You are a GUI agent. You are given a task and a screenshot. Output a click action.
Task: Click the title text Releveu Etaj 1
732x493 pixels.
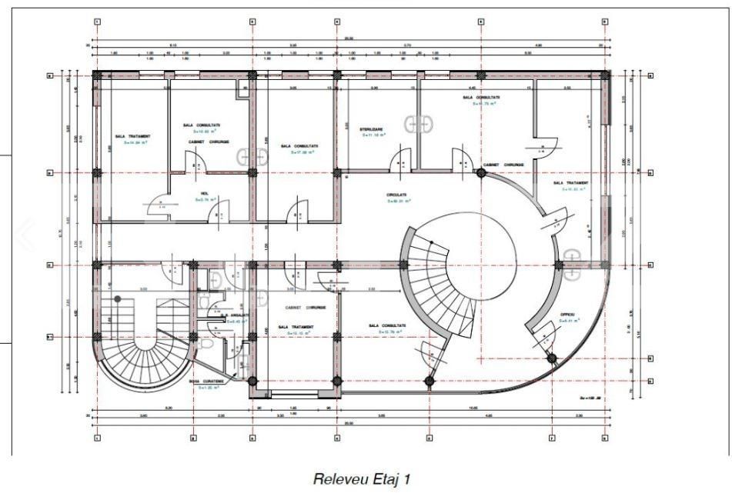pos(360,478)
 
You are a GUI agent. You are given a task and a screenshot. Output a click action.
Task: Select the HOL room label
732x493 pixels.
pos(205,193)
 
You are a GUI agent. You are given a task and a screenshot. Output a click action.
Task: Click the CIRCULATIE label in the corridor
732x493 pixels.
pos(397,195)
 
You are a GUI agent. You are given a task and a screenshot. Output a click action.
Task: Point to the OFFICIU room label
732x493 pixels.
pos(568,315)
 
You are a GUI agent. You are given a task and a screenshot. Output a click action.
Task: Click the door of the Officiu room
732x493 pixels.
pos(543,332)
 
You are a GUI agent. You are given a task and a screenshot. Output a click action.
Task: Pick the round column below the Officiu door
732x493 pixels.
pos(551,357)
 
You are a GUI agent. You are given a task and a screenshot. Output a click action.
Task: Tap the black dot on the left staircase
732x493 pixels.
pos(118,298)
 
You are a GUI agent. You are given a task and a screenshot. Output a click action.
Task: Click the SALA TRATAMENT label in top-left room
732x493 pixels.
pos(132,136)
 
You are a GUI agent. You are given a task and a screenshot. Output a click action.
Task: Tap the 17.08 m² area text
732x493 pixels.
pos(299,152)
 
